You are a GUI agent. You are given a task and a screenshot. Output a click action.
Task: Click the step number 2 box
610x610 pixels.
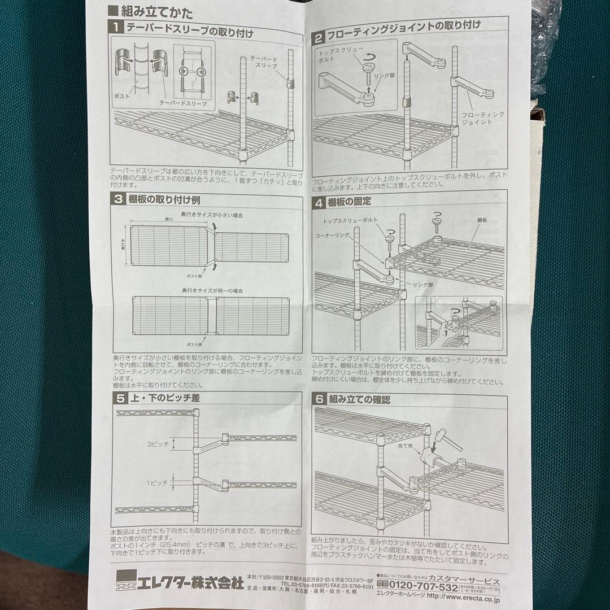coord(319,38)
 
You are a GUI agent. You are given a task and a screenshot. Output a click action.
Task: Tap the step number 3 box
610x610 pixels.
coord(119,199)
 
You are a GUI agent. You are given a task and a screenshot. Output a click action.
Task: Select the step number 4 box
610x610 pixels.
coord(319,202)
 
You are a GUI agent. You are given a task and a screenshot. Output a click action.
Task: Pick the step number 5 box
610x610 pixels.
coord(120,398)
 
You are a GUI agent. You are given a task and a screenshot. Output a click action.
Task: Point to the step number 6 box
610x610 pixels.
coord(319,399)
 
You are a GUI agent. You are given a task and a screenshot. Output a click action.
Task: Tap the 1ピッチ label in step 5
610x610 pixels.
coord(158,483)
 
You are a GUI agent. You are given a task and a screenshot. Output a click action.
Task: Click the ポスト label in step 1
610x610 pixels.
coord(123,97)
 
